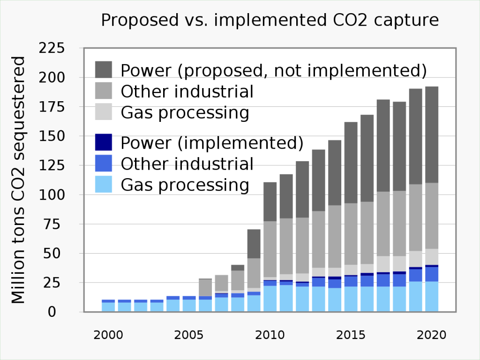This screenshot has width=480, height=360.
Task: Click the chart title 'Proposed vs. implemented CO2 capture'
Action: click(x=270, y=20)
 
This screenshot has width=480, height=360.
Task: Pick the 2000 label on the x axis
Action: click(x=108, y=336)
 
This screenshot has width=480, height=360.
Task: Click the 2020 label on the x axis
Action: click(x=431, y=336)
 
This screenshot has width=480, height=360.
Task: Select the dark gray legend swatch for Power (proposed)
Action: click(x=104, y=69)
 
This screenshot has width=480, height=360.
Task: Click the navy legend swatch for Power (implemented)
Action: click(x=104, y=142)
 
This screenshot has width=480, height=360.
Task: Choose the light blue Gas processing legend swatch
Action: click(x=104, y=185)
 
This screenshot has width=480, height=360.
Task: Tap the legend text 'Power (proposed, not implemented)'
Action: click(x=274, y=70)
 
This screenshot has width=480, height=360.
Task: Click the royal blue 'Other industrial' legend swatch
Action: click(x=104, y=164)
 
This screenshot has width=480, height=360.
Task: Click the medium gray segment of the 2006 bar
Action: click(x=205, y=287)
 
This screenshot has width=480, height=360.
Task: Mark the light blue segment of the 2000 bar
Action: click(x=108, y=307)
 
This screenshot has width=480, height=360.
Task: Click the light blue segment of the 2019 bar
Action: click(x=415, y=297)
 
